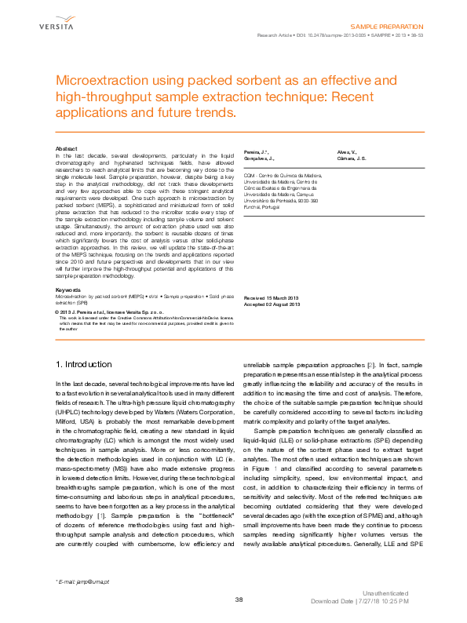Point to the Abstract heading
click(66, 148)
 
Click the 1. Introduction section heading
click(85, 364)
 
